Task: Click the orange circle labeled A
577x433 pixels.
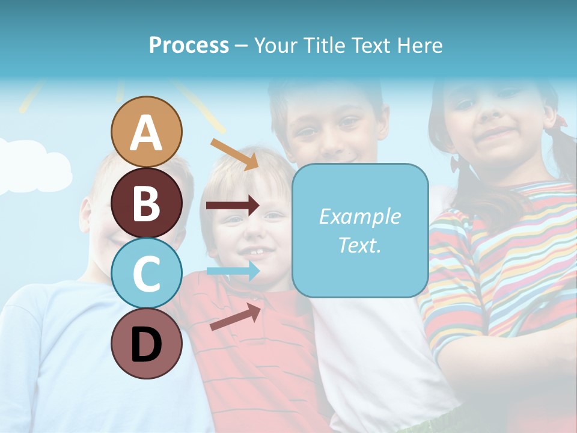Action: (x=146, y=132)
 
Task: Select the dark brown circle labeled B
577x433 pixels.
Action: (x=146, y=203)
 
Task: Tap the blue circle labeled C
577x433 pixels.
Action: (x=146, y=273)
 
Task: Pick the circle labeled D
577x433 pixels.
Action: (x=146, y=343)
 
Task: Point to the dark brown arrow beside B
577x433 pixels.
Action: (x=232, y=206)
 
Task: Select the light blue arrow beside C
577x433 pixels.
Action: (x=232, y=271)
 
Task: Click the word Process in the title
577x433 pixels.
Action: (x=189, y=45)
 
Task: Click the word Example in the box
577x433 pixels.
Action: (x=359, y=216)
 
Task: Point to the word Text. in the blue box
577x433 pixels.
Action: (x=359, y=245)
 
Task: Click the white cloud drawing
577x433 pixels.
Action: (x=36, y=165)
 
